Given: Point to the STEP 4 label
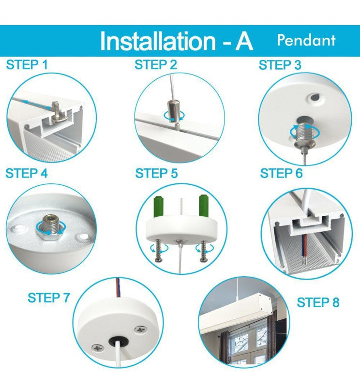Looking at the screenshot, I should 27,173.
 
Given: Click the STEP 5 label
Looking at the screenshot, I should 156,173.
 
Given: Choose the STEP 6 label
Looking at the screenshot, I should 281,173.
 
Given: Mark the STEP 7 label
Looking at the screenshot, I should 49,298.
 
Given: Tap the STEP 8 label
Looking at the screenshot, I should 318,303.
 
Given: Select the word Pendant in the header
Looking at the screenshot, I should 306,40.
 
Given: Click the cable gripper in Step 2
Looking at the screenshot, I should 173,109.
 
